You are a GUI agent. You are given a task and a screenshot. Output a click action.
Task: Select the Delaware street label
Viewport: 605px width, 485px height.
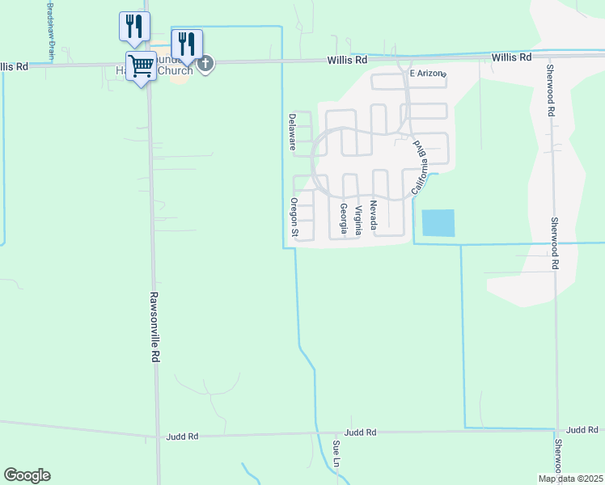[x=293, y=132]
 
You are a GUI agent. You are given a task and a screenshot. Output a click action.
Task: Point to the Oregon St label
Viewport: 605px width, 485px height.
[x=294, y=218]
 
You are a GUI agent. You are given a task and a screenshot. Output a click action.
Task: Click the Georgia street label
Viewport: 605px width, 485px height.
[x=344, y=219]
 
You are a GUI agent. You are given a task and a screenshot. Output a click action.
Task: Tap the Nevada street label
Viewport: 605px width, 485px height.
[x=374, y=215]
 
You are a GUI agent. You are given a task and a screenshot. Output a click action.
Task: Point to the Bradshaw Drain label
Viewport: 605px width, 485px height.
[x=50, y=31]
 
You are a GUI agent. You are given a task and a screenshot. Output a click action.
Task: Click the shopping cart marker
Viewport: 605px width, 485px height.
[x=141, y=65]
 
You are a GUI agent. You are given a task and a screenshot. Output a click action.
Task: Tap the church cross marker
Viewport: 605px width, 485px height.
[x=205, y=63]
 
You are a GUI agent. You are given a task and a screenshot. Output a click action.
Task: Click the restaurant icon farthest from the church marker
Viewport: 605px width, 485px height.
[x=134, y=26]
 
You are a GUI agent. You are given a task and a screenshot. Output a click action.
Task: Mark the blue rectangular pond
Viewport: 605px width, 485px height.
[x=438, y=222]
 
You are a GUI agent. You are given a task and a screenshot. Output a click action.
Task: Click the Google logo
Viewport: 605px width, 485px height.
[x=27, y=475]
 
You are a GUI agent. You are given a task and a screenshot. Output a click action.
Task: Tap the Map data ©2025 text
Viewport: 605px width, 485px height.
[x=569, y=479]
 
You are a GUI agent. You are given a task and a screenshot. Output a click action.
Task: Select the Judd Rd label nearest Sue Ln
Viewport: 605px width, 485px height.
[x=361, y=433]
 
